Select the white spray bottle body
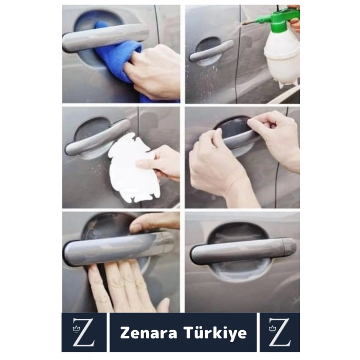pyautogui.click(x=282, y=57)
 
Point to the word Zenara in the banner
pyautogui.click(x=149, y=333)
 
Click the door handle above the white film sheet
pyautogui.click(x=95, y=138)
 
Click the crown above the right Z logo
pyautogui.click(x=273, y=325)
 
